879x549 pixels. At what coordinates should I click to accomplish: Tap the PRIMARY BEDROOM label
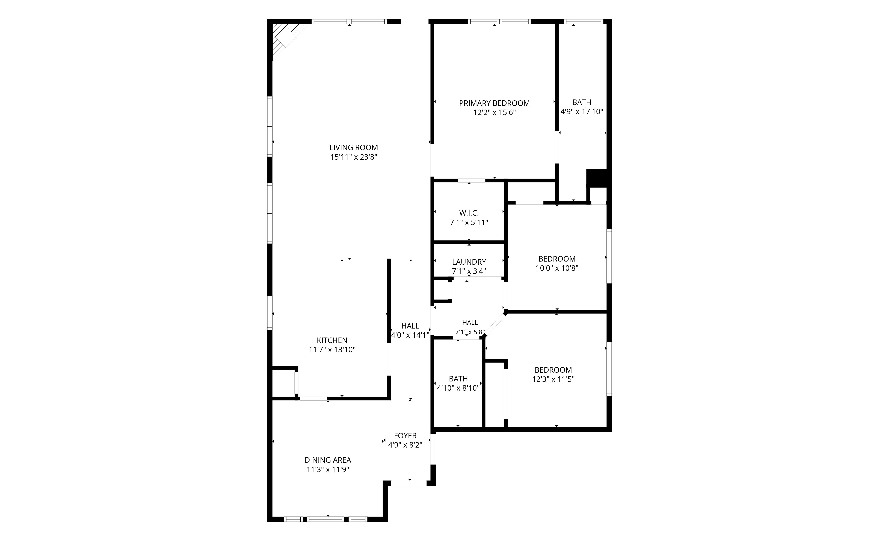point(494,103)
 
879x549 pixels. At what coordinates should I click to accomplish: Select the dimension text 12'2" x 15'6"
point(494,113)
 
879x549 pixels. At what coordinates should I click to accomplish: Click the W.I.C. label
point(469,213)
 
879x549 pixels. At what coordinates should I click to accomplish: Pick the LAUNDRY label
point(469,262)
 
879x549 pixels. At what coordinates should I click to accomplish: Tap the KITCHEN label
point(332,340)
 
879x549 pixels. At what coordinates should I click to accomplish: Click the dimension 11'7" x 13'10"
point(332,350)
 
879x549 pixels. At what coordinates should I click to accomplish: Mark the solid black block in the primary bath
point(598,178)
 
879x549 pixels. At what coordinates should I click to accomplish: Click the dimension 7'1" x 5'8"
point(470,332)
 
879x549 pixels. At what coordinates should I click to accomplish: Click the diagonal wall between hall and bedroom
point(495,324)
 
